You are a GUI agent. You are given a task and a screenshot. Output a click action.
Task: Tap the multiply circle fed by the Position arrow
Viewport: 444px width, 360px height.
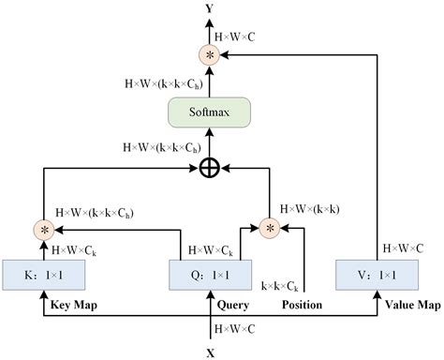[x=271, y=227]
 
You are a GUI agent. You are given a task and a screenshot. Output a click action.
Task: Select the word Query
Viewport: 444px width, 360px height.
[x=231, y=305]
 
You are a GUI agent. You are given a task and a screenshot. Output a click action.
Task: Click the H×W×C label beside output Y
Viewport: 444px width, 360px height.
[x=237, y=37]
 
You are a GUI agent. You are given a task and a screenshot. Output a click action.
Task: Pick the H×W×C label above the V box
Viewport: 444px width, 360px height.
[x=403, y=249]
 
